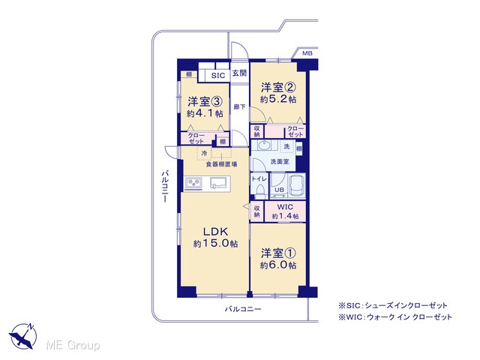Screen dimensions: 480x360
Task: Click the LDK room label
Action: pos(215,231)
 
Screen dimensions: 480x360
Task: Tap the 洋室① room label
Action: pos(278,253)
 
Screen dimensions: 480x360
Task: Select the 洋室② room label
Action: pos(278,88)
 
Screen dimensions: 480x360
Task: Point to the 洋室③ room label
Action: pos(205,101)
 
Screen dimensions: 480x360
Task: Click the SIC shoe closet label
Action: pos(218,76)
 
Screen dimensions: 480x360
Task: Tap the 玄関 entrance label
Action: pos(239,73)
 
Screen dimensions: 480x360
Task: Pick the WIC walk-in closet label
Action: pos(285,207)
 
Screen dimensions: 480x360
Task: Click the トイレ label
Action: pos(259,179)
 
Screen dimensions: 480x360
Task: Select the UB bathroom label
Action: pos(279,190)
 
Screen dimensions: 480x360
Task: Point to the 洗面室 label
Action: pos(280,161)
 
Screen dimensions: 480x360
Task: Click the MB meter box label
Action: pos(307,53)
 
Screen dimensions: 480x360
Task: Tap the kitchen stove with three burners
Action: pos(193,183)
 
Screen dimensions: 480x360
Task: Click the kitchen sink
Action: pos(220,183)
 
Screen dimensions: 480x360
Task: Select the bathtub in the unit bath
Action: pos(297,185)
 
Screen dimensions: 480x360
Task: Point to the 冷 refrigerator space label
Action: pos(204,153)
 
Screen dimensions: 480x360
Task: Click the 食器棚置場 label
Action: pos(221,165)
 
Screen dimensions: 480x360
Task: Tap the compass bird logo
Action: pos(23,336)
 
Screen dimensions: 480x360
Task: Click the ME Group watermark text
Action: pos(73,345)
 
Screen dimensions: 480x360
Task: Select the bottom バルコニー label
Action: pos(243,309)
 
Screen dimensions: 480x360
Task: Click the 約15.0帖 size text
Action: pos(215,244)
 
